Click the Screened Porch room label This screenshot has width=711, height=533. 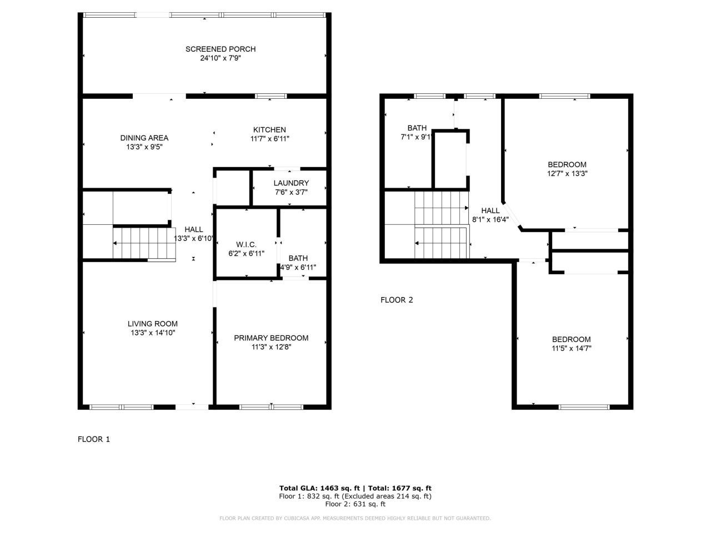[220, 49]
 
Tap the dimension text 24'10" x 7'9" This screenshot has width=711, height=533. [220, 58]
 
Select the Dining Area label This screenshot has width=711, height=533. [144, 138]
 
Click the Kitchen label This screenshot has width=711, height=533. [269, 130]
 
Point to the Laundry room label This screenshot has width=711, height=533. [291, 183]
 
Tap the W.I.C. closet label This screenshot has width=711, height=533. [246, 245]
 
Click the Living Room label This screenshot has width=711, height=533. [152, 324]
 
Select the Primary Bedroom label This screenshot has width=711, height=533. [271, 338]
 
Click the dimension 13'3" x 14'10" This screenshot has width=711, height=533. [152, 333]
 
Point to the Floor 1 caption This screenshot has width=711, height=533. [93, 439]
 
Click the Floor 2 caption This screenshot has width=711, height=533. [397, 300]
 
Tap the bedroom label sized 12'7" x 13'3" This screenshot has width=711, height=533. [567, 164]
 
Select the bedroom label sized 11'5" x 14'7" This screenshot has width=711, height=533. [570, 340]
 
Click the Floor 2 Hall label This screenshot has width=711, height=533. [490, 210]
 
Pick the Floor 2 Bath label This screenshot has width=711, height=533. [417, 128]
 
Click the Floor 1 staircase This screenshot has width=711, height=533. [144, 243]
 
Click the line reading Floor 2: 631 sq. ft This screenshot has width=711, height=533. [355, 504]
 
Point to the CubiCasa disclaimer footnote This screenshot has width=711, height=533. [355, 518]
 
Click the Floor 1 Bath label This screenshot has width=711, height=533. [298, 258]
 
